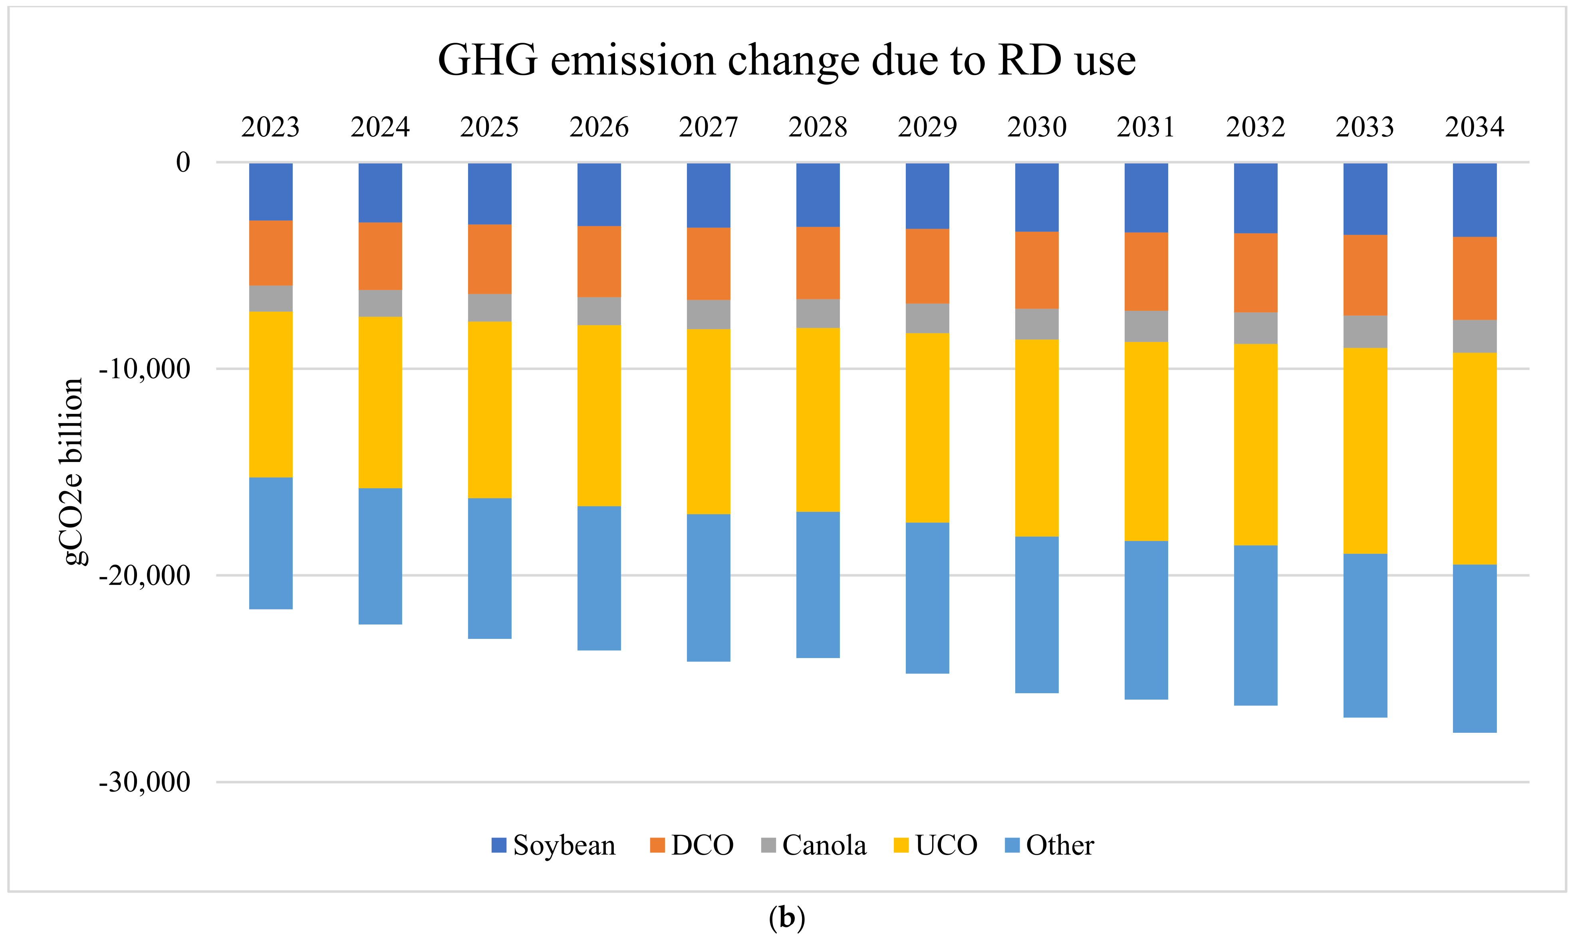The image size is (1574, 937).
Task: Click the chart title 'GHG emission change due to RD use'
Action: (x=786, y=61)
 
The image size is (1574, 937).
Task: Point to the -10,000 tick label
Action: (x=145, y=369)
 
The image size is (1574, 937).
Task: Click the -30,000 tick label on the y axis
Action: (x=145, y=782)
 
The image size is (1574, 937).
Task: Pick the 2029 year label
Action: (x=927, y=127)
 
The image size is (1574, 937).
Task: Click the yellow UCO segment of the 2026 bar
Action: (x=599, y=416)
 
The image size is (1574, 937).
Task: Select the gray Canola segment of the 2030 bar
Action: (x=1036, y=324)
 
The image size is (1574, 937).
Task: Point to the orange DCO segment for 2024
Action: (x=380, y=256)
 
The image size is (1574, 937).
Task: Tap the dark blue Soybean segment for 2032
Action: (x=1255, y=198)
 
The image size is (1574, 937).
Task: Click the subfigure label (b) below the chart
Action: (x=787, y=917)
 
